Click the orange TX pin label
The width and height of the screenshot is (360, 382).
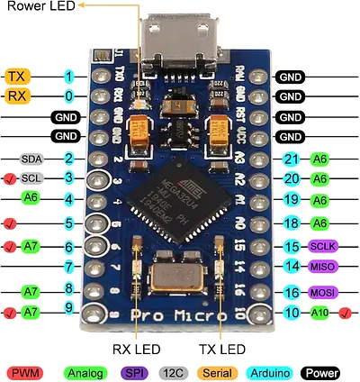click(x=18, y=77)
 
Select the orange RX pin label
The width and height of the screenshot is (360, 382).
click(x=18, y=95)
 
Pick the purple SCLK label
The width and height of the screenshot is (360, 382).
click(x=321, y=246)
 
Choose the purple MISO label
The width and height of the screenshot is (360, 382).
click(x=321, y=267)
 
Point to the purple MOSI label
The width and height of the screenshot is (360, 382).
click(x=321, y=293)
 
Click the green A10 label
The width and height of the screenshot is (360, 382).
click(x=321, y=313)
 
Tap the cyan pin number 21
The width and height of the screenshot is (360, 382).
click(x=289, y=159)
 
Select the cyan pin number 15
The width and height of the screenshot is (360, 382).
click(x=289, y=246)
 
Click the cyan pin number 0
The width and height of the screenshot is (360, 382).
click(x=69, y=95)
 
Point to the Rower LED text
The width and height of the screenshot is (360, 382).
click(x=41, y=8)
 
